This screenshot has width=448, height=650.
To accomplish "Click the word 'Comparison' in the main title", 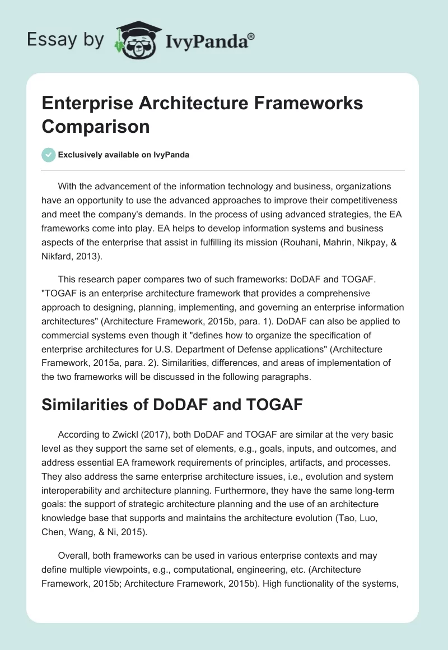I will [96, 126].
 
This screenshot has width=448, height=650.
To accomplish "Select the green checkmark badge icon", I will [49, 155].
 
